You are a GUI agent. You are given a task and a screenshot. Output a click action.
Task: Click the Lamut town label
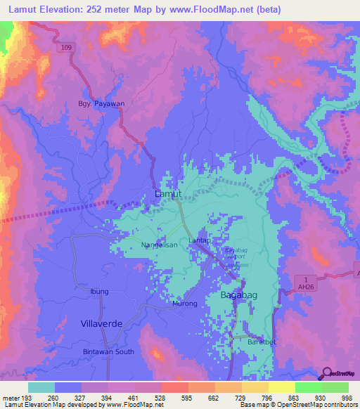167,193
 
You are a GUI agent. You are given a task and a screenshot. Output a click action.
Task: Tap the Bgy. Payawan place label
106,103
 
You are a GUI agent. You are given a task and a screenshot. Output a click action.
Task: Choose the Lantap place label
200,241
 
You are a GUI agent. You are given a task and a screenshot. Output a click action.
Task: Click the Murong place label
184,304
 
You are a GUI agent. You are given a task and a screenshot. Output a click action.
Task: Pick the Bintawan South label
108,351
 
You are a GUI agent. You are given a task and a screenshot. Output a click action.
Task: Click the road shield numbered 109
65,46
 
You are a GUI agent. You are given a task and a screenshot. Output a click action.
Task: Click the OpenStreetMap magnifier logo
327,373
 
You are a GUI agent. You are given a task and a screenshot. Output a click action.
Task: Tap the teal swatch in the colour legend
41,387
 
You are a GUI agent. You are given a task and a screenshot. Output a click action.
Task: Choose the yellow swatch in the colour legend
281,387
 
